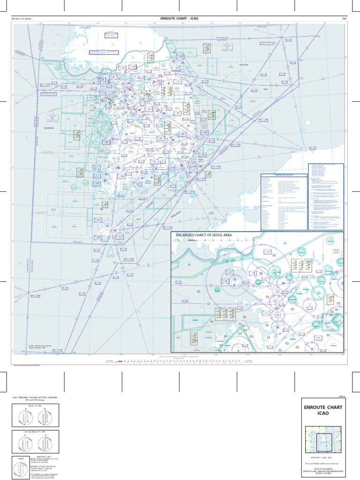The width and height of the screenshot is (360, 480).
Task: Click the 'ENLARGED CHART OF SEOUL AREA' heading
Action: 203,234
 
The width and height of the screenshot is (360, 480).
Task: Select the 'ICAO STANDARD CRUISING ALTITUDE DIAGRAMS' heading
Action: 35,397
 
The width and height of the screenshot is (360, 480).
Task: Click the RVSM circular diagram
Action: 20,469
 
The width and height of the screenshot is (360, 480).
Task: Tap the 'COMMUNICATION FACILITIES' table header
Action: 284,175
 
